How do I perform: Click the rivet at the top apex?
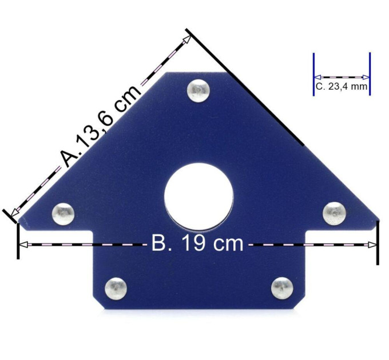pos(199,90)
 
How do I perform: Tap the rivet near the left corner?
pos(63,214)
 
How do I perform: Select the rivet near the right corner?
pos(335,213)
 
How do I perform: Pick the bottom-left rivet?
pos(116,289)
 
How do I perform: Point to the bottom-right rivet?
pos(282,288)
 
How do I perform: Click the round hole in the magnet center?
pos(199,197)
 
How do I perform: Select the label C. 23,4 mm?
pos(342,86)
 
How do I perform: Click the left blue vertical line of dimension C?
pos(314,74)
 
